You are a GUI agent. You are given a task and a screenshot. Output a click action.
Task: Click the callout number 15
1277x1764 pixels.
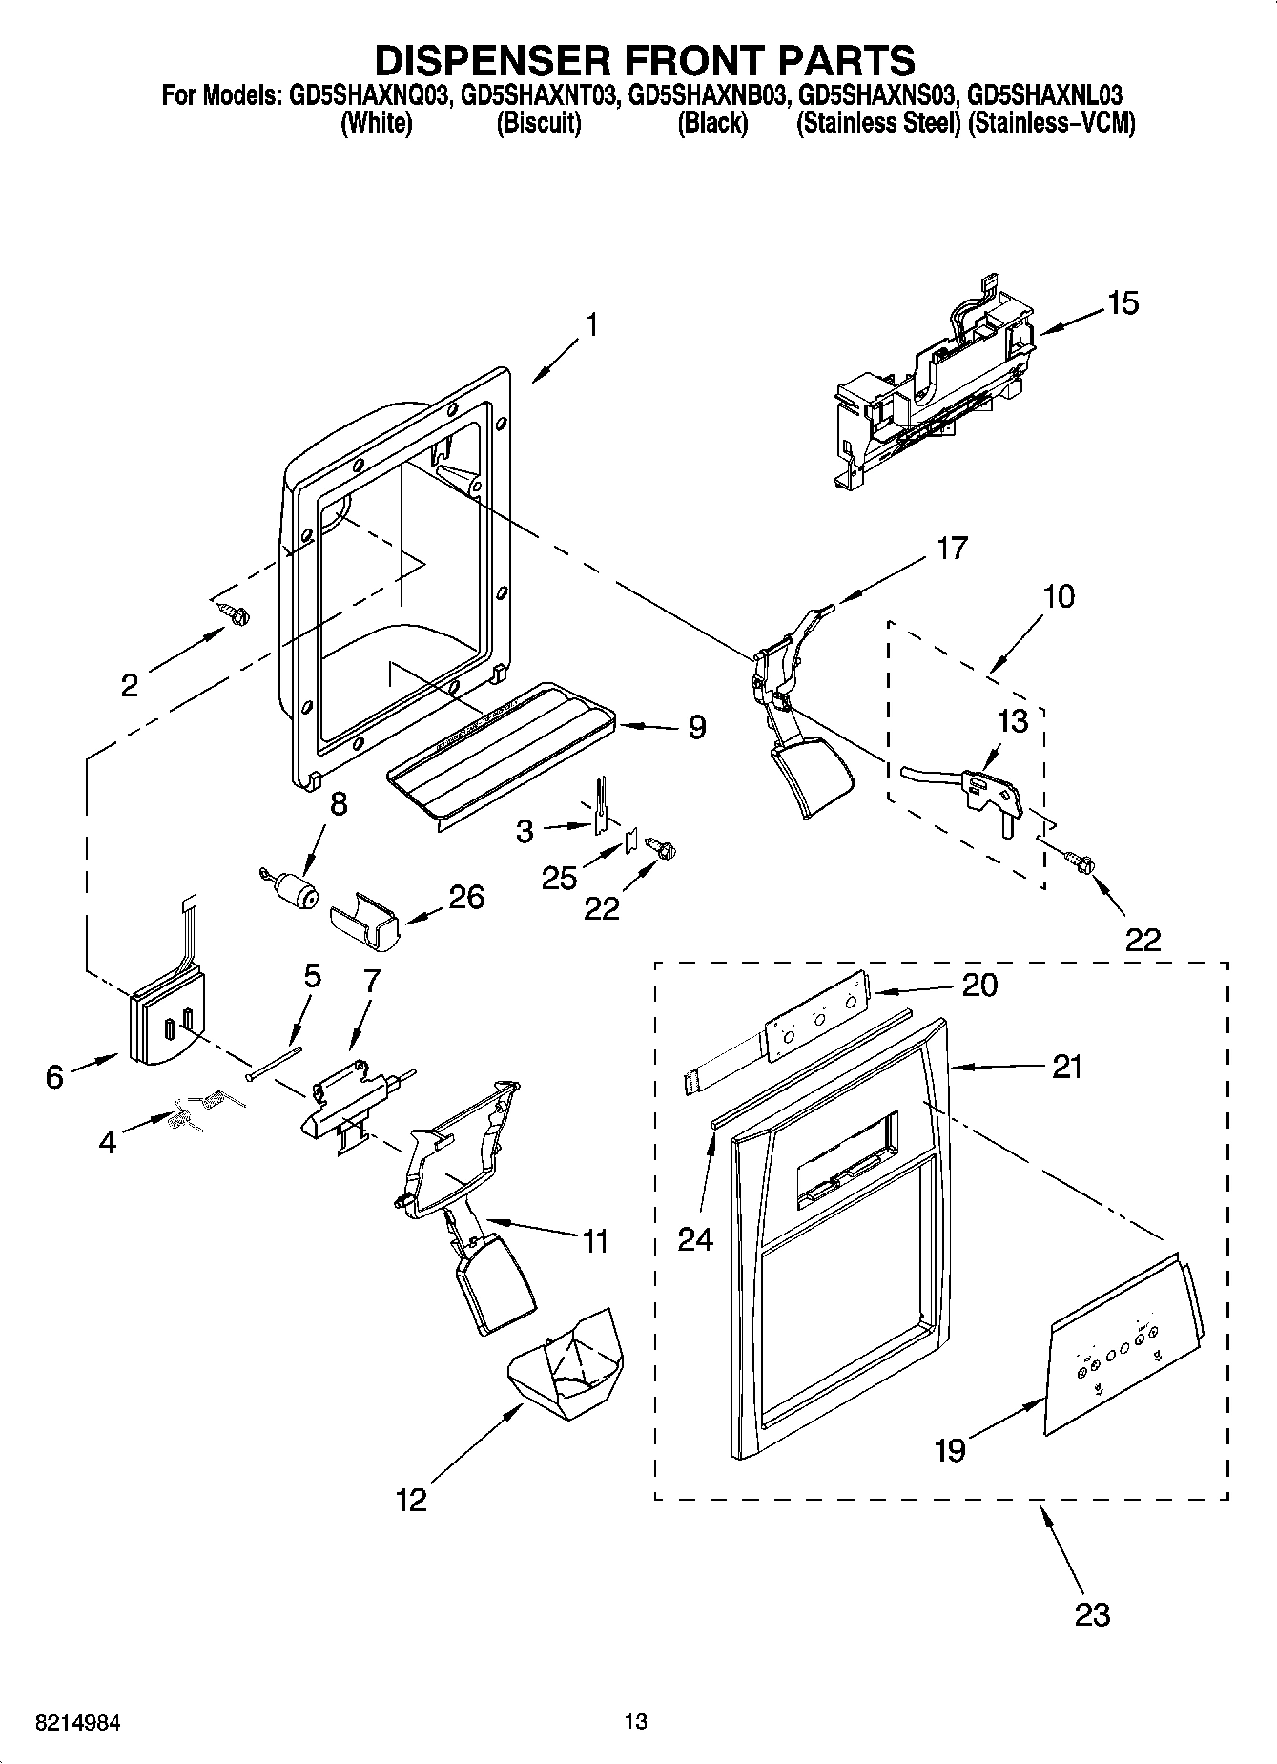[x=1123, y=303]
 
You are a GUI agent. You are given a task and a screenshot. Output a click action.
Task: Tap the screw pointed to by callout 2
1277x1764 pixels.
[x=233, y=613]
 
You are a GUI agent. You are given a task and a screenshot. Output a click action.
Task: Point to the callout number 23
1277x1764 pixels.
[x=1092, y=1614]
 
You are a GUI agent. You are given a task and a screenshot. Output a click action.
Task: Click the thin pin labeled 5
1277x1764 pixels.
[x=273, y=1063]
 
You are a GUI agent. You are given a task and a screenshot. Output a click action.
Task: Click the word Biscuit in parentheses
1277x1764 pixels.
[x=539, y=124]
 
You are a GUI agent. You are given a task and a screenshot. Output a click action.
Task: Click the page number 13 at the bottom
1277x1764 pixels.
[x=635, y=1721]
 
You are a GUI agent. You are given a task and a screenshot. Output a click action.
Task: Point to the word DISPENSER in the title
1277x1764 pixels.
[x=490, y=59]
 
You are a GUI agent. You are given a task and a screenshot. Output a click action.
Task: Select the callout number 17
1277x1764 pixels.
[x=952, y=548]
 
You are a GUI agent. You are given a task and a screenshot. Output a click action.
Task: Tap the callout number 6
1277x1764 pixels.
[x=54, y=1077]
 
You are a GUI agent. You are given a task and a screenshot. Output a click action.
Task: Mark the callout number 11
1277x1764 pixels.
[x=595, y=1241]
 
